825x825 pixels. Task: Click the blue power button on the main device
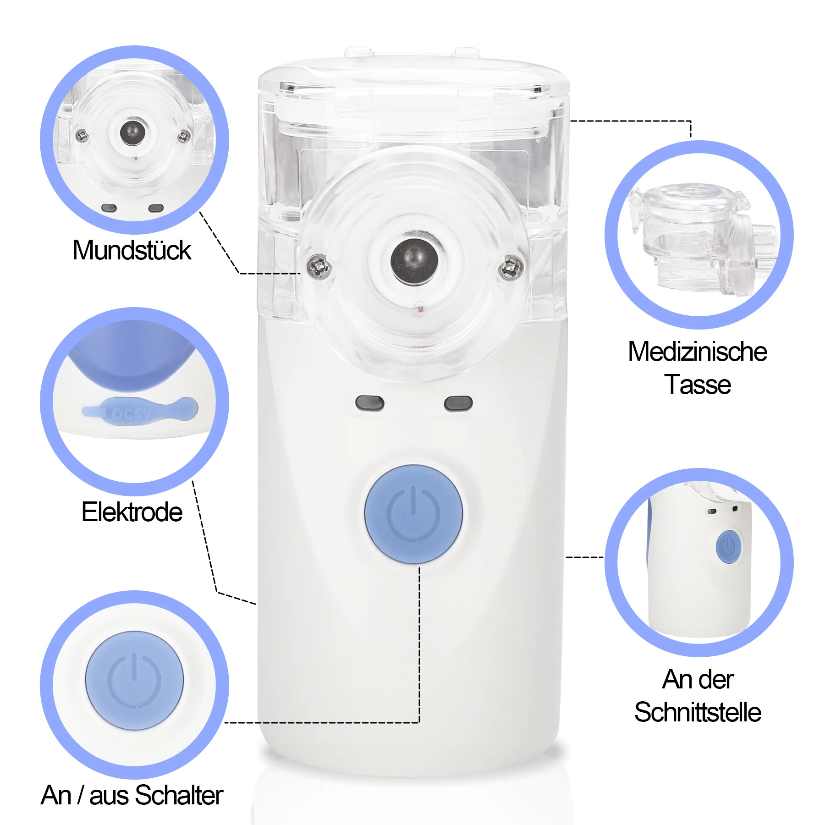[x=413, y=514]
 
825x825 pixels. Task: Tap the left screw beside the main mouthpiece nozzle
[x=319, y=266]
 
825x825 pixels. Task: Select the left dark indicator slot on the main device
[x=370, y=403]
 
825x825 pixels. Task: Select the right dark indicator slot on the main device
[x=458, y=403]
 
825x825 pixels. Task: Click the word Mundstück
[x=132, y=250]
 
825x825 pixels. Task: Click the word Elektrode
[x=132, y=512]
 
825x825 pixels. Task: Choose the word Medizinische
[x=698, y=352]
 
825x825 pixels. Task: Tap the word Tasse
[x=698, y=384]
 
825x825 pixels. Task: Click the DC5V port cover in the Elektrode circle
[x=140, y=411]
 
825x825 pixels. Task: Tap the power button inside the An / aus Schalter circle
[x=134, y=681]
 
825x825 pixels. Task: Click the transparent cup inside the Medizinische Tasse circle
[x=704, y=238]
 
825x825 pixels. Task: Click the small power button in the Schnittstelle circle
[x=728, y=547]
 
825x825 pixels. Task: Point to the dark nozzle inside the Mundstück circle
[x=132, y=132]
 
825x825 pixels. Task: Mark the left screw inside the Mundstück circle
[x=82, y=135]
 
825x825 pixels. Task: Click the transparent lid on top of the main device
[x=414, y=92]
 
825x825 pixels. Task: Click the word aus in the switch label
[x=109, y=796]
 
